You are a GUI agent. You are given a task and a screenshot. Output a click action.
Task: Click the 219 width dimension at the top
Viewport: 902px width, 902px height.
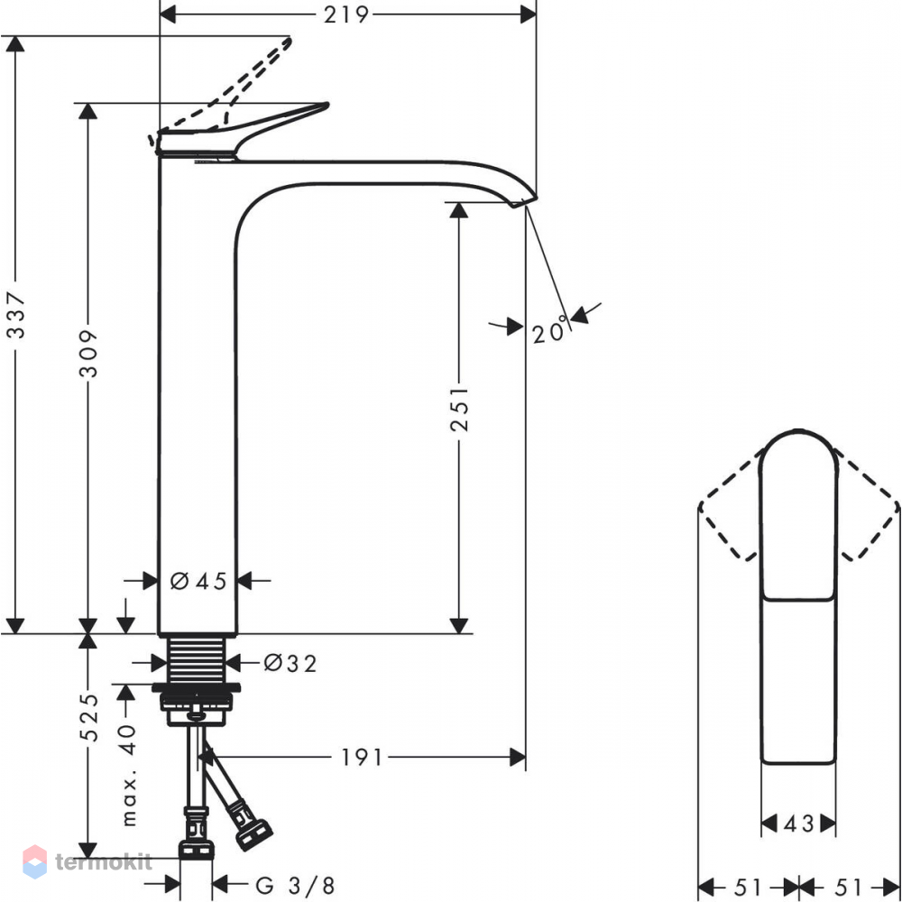point(345,14)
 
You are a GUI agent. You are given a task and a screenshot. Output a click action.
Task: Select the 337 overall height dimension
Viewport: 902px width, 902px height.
point(15,315)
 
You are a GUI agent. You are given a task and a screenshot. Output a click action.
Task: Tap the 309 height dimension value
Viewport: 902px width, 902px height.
point(88,354)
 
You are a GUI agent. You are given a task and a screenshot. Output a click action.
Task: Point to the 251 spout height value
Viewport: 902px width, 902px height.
point(459,409)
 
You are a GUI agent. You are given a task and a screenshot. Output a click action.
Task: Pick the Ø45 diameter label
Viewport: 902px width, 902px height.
point(198,581)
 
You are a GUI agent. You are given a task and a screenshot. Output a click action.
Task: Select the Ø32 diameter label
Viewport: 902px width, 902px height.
point(290,663)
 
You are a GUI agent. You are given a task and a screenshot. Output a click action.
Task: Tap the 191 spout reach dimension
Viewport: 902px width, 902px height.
point(362,758)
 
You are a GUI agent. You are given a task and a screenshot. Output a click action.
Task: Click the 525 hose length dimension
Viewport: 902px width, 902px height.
point(88,717)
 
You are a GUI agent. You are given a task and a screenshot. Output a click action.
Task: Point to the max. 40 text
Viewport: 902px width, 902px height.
point(129,775)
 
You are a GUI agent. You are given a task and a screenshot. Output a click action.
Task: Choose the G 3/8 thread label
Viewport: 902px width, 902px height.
point(295,886)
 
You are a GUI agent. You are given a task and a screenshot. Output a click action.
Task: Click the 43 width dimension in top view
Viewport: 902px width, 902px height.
point(799,824)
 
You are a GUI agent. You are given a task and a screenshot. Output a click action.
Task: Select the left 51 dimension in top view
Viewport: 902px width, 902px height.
point(748,887)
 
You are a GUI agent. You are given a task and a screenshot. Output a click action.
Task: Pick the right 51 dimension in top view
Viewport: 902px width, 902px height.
point(849,887)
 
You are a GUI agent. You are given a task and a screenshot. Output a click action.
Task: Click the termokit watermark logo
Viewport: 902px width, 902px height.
point(87,861)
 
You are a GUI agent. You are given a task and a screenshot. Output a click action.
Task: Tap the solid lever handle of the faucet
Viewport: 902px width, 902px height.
point(242,130)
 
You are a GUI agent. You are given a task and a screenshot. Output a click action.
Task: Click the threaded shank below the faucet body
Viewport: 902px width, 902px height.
point(196,659)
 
